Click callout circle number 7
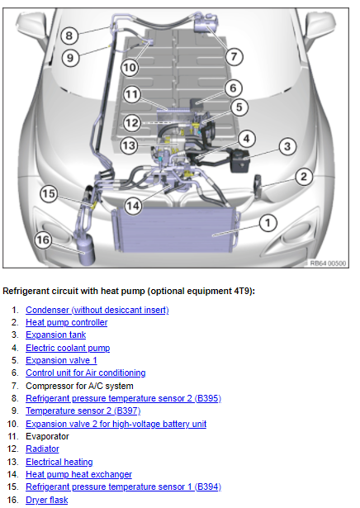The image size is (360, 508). [x=234, y=56]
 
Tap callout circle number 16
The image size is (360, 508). [x=43, y=240]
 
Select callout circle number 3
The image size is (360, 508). [x=287, y=146]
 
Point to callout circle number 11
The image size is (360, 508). [x=132, y=95]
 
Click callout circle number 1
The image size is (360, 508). [x=268, y=223]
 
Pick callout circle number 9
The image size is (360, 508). [x=70, y=58]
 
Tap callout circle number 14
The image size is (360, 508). [x=133, y=206]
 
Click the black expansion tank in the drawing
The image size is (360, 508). [x=240, y=160]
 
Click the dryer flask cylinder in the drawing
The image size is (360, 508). [x=85, y=249]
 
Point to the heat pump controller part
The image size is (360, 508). [x=258, y=186]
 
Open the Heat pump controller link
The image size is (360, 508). [x=67, y=322]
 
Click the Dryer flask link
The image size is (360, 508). [x=47, y=500]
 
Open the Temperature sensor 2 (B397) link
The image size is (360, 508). [x=83, y=411]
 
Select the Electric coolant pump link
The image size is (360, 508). [x=68, y=348]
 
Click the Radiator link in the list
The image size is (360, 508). [x=42, y=449]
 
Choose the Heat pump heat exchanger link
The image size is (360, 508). [x=79, y=474]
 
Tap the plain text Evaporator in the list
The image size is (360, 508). [x=47, y=436]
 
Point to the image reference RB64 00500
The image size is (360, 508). [x=328, y=263]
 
